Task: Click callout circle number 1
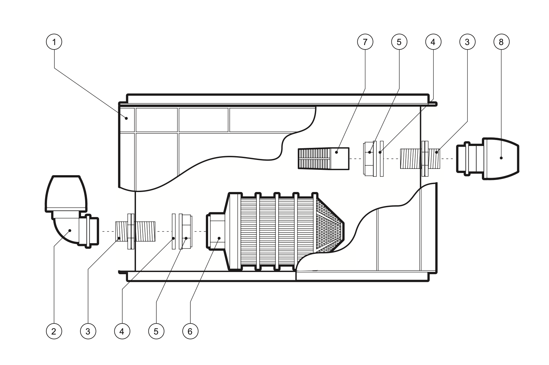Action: click(x=54, y=42)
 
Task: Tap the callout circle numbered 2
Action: click(x=53, y=331)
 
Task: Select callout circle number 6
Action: click(x=190, y=331)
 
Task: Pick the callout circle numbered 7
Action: click(x=365, y=42)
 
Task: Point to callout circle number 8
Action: click(x=501, y=42)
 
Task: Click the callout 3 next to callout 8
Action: click(x=467, y=42)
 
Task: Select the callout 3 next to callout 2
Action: click(x=88, y=331)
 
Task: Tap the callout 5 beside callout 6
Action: click(x=156, y=331)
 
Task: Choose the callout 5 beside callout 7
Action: click(x=399, y=42)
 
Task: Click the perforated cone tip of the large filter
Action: click(x=329, y=229)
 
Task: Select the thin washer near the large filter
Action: click(x=174, y=231)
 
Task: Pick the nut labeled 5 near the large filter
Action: click(x=186, y=231)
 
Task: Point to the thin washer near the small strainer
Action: click(x=382, y=158)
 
